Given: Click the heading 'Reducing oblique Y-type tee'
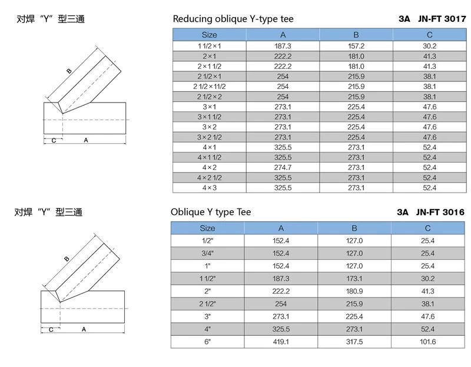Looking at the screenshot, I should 233,19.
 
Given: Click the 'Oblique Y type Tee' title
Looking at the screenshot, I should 211,212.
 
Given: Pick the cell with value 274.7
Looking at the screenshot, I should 283,167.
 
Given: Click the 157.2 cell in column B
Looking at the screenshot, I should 356,45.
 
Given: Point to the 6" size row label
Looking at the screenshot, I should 207,342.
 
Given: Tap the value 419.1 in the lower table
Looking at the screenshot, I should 281,342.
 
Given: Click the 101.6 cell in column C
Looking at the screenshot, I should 428,342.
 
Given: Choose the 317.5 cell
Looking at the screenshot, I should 355,342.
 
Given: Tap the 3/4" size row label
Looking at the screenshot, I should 207,253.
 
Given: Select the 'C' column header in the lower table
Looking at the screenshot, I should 428,228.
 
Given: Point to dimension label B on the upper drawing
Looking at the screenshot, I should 69,71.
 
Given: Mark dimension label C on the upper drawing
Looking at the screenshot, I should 54,140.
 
